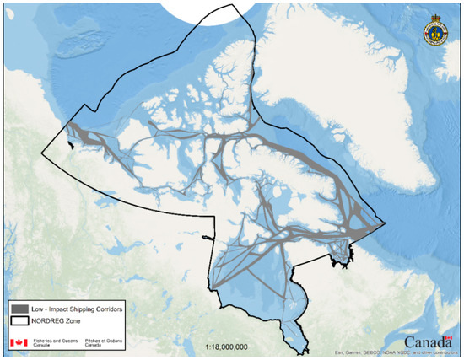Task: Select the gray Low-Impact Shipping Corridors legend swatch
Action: tap(18, 309)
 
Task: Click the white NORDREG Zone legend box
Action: tap(18, 323)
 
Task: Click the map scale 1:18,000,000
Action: tap(227, 346)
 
